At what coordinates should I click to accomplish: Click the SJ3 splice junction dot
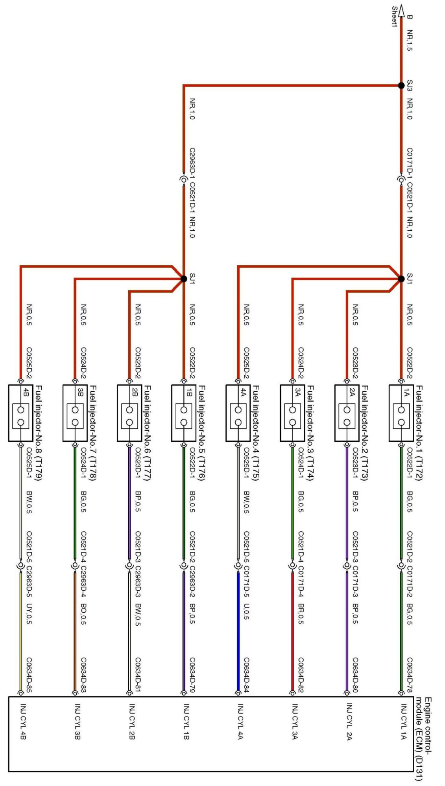point(401,85)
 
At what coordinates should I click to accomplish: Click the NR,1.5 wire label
point(410,40)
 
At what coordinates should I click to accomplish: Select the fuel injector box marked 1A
point(401,413)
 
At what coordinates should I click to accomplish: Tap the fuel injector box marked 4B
point(20,413)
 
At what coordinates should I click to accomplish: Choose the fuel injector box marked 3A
point(292,413)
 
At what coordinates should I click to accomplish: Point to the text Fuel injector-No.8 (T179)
point(39,433)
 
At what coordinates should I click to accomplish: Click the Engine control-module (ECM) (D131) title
point(424,739)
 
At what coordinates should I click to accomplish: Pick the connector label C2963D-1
point(192,163)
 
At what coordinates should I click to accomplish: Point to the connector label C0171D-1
point(410,163)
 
